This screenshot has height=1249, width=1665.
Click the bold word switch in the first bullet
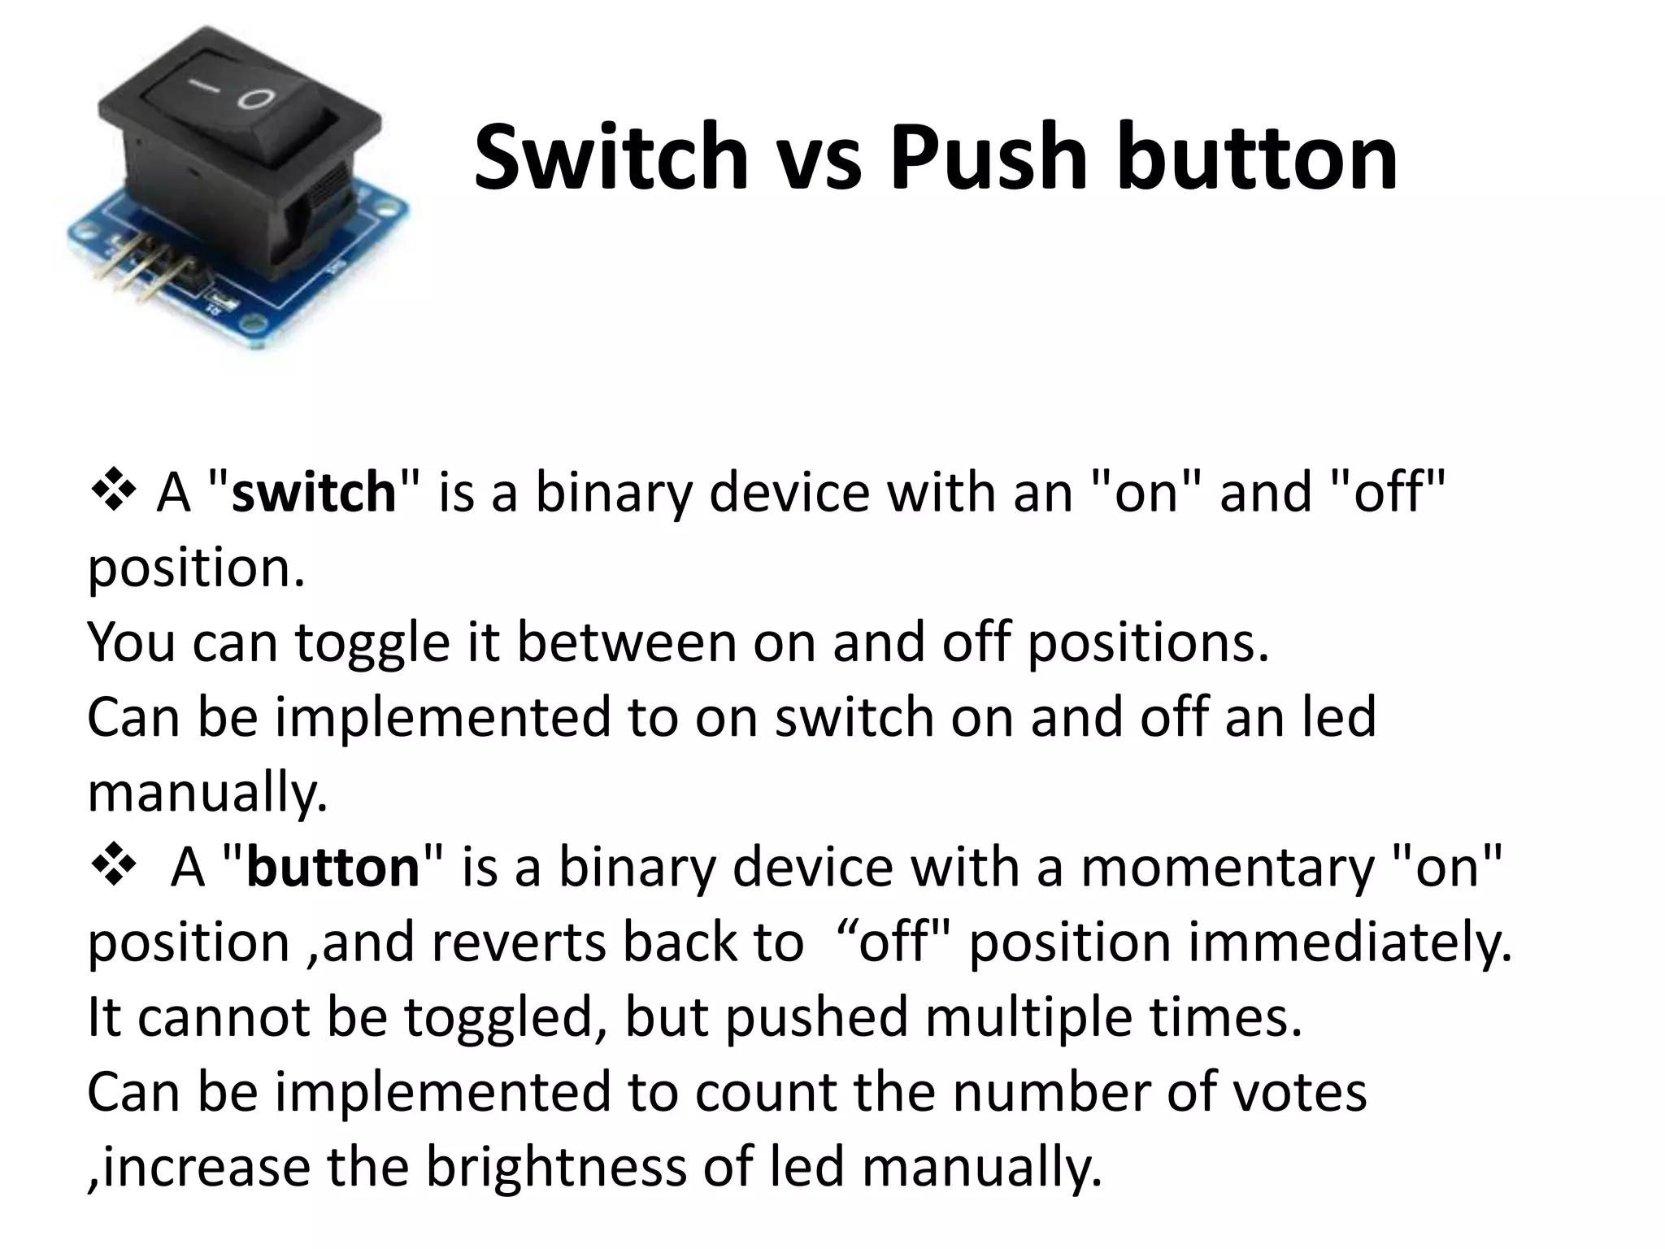[314, 493]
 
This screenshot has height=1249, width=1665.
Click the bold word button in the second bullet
[333, 868]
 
